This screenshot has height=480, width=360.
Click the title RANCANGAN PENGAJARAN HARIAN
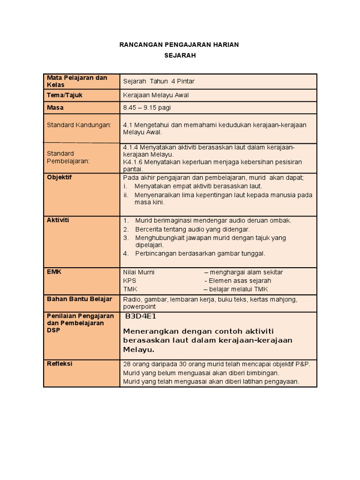coord(180,45)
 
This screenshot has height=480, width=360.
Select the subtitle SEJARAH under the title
coord(180,55)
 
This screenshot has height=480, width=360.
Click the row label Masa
coord(55,107)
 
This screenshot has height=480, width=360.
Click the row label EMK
coord(53,271)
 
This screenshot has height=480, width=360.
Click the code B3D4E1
coord(141,316)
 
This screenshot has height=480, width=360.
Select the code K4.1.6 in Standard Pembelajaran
coord(133,162)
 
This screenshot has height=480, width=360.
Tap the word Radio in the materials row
coord(132,299)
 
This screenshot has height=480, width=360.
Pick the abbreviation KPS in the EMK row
coord(129,280)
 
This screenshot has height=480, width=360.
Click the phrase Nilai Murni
coord(139,272)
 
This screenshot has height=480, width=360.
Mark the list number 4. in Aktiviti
coord(126,254)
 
